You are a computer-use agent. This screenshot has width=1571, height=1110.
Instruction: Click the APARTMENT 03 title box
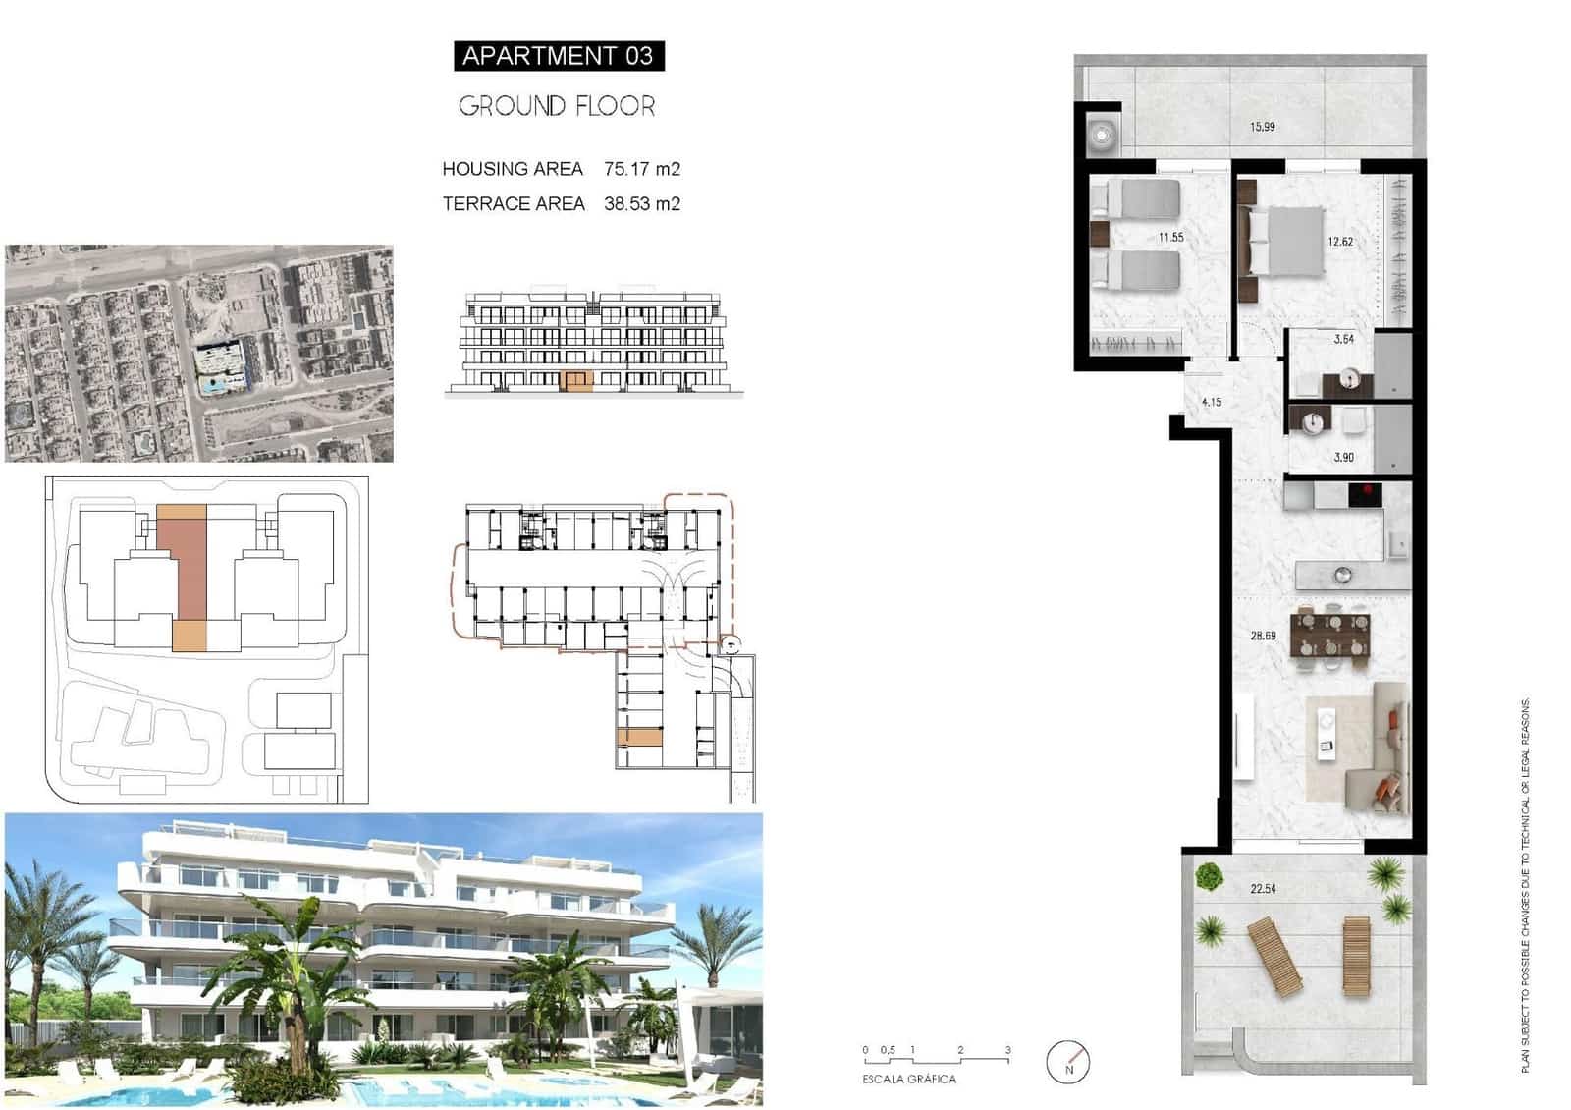(558, 56)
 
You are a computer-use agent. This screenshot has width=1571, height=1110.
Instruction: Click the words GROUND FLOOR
(557, 106)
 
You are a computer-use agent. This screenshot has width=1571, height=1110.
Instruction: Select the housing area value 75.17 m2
(642, 169)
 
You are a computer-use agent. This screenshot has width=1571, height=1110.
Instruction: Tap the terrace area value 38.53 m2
(642, 204)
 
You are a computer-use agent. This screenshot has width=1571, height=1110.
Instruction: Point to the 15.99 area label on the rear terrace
(1263, 127)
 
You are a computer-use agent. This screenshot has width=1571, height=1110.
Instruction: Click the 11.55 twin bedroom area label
(1170, 238)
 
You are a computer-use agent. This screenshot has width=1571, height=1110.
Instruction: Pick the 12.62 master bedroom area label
(1340, 242)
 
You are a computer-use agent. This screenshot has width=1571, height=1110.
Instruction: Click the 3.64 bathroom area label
(1344, 340)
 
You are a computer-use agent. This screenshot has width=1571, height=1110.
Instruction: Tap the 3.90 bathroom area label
(1344, 458)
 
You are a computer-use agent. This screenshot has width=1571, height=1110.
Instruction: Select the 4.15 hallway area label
(1212, 403)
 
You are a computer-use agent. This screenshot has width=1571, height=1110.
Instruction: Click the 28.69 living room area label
(1263, 637)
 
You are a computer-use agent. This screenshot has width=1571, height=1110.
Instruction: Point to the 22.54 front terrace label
(1263, 890)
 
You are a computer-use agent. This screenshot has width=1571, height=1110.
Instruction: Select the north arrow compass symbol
(1068, 1062)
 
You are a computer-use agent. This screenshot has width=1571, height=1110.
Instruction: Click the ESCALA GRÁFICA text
(909, 1080)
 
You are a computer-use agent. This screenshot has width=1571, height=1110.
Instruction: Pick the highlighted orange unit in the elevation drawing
(576, 381)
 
